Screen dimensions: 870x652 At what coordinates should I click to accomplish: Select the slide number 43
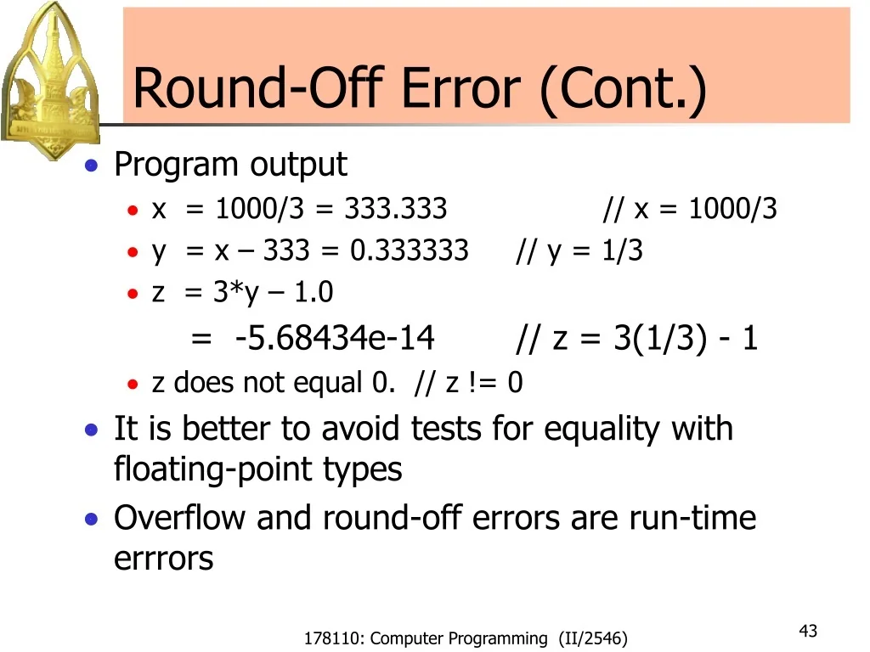808,631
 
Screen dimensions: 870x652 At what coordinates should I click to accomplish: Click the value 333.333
396,209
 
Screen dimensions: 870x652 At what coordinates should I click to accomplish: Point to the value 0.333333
410,250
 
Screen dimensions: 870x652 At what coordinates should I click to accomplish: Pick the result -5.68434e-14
335,338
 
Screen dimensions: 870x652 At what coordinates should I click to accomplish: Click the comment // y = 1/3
579,250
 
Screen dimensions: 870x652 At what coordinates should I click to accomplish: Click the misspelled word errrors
164,559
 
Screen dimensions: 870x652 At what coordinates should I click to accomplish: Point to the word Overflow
179,517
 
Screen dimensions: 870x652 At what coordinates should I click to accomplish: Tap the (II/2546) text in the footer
592,638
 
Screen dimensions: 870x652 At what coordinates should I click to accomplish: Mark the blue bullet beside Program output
92,166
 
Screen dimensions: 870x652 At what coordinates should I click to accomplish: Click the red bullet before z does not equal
133,384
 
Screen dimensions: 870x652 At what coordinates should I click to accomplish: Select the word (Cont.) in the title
623,88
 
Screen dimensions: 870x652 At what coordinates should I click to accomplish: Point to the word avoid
360,429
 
